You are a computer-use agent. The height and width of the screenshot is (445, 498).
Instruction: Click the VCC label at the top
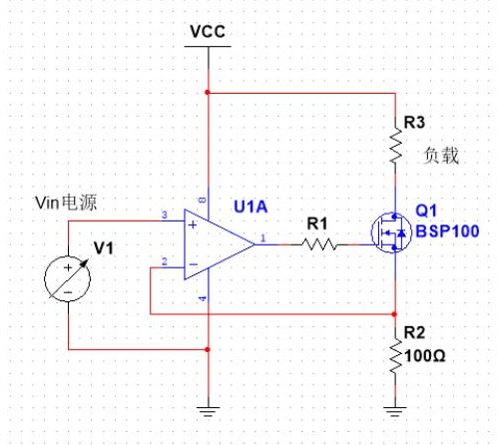(x=207, y=31)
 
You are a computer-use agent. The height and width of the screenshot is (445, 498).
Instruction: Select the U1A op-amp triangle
(x=215, y=244)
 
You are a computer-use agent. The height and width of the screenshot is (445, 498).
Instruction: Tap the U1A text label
(x=249, y=207)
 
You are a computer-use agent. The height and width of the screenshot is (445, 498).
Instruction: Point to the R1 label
(x=316, y=222)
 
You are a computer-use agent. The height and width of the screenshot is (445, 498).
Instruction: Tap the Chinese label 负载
(x=441, y=156)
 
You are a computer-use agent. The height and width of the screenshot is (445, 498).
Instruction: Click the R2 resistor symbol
(x=397, y=352)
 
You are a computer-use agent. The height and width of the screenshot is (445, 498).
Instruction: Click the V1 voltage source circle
(x=69, y=276)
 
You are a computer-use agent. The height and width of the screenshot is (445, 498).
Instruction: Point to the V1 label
(x=105, y=247)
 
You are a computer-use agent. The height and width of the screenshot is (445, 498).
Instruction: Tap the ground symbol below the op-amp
(x=207, y=409)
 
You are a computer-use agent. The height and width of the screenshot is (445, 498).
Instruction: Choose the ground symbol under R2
(x=397, y=409)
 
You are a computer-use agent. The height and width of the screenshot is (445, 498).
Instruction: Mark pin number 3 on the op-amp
(x=164, y=216)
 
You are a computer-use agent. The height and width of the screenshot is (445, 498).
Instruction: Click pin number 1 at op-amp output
(x=262, y=237)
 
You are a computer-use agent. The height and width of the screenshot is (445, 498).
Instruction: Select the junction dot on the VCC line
(x=207, y=93)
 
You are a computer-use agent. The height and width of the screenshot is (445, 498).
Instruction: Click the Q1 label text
(x=426, y=212)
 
